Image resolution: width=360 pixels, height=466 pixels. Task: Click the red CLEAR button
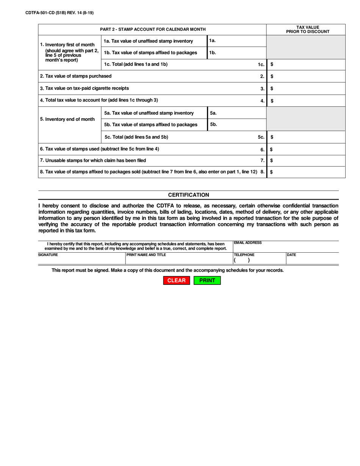click(x=176, y=280)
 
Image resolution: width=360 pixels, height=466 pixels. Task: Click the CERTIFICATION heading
click(x=188, y=195)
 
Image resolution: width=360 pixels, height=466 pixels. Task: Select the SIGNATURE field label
click(x=48, y=255)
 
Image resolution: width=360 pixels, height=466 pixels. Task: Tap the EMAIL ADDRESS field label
click(x=248, y=242)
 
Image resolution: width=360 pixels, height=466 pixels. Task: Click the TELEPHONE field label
click(x=244, y=255)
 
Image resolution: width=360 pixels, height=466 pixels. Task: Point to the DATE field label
click(x=291, y=255)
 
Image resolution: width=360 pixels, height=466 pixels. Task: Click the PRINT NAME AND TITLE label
click(x=146, y=255)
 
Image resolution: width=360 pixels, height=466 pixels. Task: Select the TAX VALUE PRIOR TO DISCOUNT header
click(x=307, y=30)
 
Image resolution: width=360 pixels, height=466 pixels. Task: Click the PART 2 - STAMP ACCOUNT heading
click(x=153, y=29)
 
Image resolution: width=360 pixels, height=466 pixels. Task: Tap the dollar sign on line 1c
click(x=272, y=64)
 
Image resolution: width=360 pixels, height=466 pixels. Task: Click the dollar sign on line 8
click(x=271, y=172)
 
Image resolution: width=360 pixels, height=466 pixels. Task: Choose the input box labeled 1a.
click(x=237, y=41)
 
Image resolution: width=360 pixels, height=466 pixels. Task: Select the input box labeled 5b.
click(x=237, y=125)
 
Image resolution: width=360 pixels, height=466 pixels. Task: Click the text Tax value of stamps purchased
click(x=76, y=76)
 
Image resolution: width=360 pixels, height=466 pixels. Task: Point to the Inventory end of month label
click(x=67, y=119)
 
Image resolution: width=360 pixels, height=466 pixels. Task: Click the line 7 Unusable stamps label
click(x=93, y=161)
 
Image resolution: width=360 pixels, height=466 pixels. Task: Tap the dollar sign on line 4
click(x=272, y=101)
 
